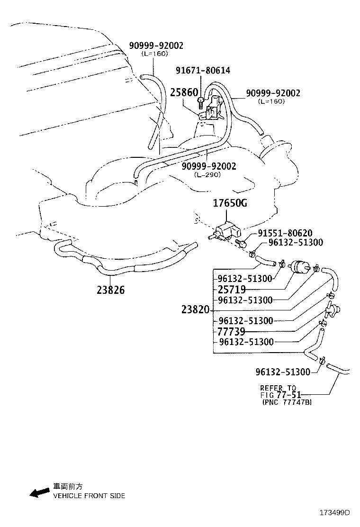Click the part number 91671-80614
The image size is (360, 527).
pos(203,71)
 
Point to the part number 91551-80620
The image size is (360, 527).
pos(285,233)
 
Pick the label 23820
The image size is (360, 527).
pos(195,310)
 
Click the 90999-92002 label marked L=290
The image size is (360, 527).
pos(209,166)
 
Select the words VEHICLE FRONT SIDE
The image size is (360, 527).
pos(89,496)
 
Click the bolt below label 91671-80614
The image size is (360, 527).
pos(202,100)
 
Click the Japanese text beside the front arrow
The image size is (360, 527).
pos(68,487)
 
